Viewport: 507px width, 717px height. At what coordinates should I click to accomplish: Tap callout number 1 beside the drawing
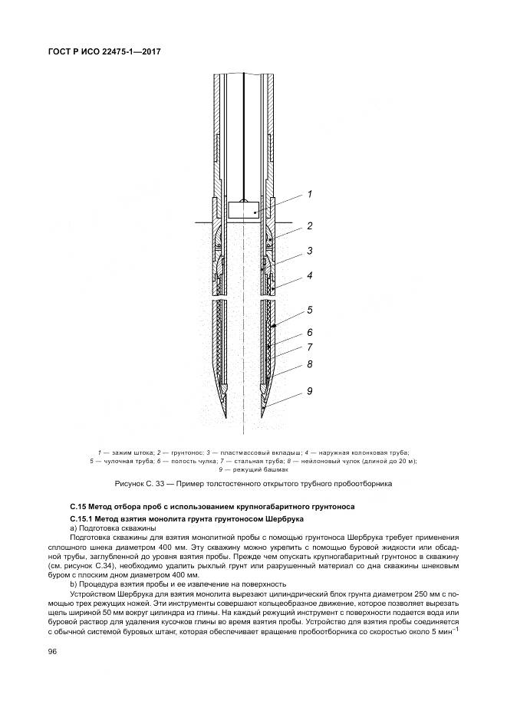tap(309, 194)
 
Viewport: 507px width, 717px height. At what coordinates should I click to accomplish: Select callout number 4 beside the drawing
tap(309, 275)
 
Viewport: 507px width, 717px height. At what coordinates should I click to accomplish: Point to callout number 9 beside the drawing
tap(309, 391)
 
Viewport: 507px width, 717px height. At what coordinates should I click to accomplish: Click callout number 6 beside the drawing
tap(309, 334)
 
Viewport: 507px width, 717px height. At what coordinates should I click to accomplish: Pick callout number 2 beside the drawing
tap(309, 225)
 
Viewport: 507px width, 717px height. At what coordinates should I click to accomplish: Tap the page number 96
tap(52, 651)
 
